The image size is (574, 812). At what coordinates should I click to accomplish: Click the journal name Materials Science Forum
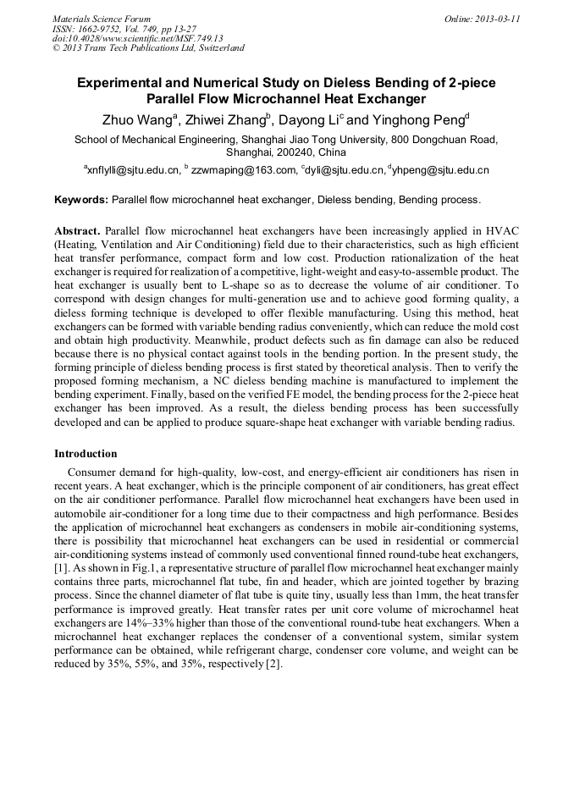point(102,19)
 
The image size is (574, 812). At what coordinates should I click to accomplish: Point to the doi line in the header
point(137,38)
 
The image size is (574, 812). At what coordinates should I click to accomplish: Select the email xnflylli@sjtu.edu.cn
point(132,170)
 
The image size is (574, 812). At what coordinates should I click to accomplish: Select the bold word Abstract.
point(78,231)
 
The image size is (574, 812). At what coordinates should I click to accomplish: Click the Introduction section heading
point(86,454)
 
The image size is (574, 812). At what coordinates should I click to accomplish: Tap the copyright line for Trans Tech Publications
point(148,48)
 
